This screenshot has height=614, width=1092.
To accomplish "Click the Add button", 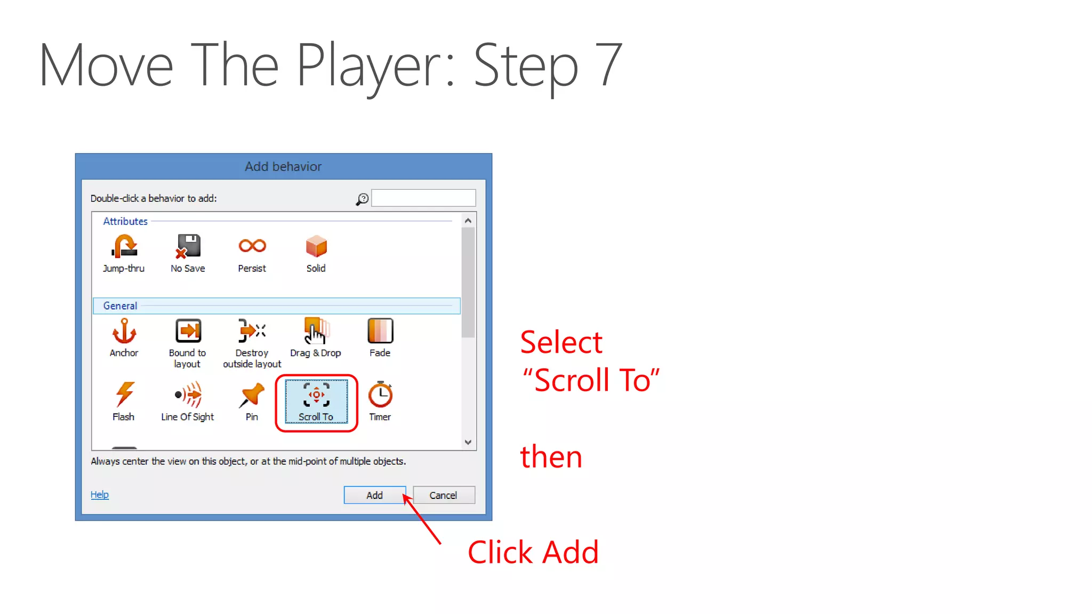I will click(x=374, y=495).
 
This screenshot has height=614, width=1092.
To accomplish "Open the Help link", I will click(x=99, y=495).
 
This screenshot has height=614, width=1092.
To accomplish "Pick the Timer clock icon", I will click(x=380, y=395).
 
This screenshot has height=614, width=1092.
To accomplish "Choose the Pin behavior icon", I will click(x=252, y=395).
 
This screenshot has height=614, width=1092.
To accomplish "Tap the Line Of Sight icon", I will click(x=188, y=395).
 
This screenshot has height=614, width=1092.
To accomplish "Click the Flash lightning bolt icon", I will click(x=124, y=394).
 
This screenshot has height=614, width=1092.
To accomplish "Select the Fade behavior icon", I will click(x=380, y=331).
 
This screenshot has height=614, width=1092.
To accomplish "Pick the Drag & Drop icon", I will click(x=316, y=331).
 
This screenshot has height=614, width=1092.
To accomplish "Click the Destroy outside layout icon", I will click(x=252, y=331).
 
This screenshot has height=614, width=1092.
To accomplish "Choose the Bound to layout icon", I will click(x=188, y=331).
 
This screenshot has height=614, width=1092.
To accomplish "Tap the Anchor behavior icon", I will click(x=124, y=331).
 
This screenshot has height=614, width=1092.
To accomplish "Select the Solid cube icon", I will click(x=316, y=246).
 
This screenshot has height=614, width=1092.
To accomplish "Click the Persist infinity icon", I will click(x=252, y=246).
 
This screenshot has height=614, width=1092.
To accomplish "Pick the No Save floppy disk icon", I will click(x=188, y=246).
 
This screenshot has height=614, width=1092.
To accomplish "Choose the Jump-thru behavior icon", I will click(x=124, y=246).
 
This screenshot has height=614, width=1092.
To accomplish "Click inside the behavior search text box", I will click(x=423, y=198).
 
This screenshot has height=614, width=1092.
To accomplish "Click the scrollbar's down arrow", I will click(x=468, y=442).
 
